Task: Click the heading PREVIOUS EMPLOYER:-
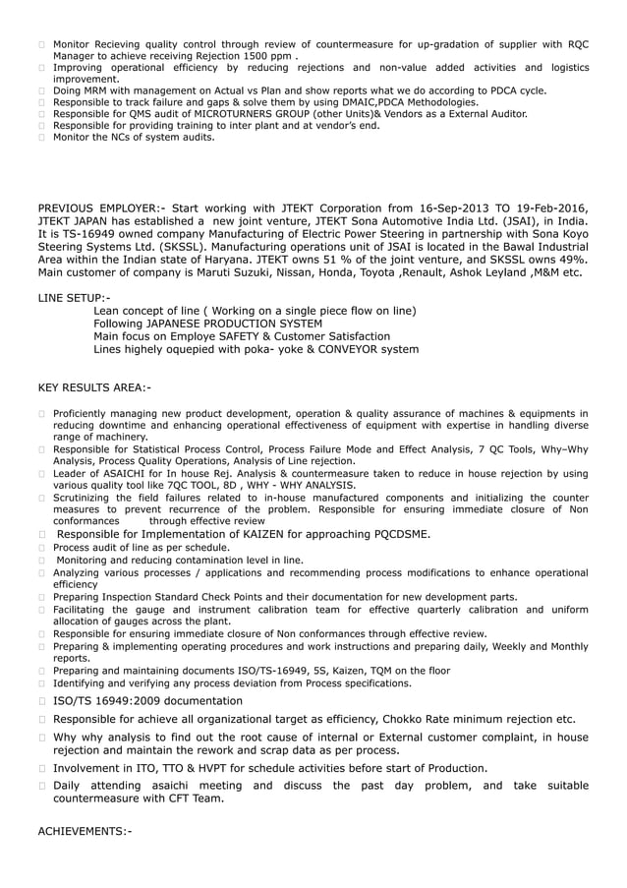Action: click(x=101, y=207)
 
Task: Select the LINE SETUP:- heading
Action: click(x=74, y=297)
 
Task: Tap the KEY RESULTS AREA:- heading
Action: click(x=93, y=386)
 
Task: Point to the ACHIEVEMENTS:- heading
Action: click(x=84, y=832)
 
